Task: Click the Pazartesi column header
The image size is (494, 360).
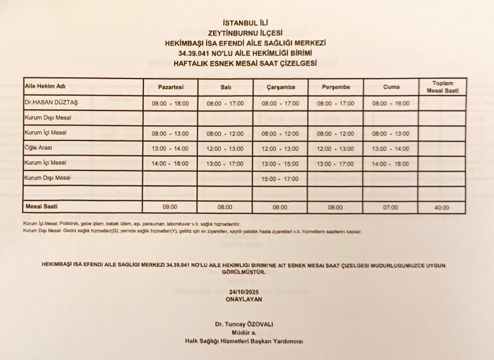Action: coord(170,88)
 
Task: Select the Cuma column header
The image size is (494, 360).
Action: coord(390,88)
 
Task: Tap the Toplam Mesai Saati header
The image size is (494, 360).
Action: coord(439,87)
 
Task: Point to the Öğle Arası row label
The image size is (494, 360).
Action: coord(39,148)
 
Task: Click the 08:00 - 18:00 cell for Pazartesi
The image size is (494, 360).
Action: coord(170,104)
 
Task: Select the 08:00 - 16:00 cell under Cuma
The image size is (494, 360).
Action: coord(390,104)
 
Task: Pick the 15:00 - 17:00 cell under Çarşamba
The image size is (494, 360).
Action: coord(280,178)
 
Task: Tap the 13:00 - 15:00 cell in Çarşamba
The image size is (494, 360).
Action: coord(280,163)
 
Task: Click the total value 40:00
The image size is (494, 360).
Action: coord(439,208)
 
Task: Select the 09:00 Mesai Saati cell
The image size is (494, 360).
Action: coord(170,207)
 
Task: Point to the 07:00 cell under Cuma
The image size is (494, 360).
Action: coord(390,208)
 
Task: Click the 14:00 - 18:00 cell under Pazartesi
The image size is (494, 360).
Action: coord(170,163)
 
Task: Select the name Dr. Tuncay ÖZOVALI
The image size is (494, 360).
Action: coord(245,323)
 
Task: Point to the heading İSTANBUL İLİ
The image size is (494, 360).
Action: coord(245,23)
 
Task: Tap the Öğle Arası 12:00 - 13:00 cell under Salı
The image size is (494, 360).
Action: coord(225,148)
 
